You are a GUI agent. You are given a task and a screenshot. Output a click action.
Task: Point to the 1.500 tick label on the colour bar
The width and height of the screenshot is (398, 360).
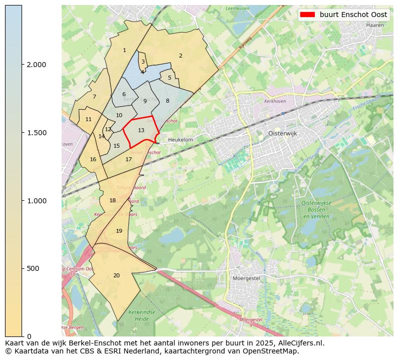36,133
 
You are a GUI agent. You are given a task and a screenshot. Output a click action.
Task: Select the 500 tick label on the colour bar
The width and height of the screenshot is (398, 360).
32,268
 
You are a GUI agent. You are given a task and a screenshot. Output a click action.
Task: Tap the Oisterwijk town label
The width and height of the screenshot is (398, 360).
283,134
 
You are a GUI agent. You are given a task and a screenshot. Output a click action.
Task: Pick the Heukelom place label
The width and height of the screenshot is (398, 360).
180,140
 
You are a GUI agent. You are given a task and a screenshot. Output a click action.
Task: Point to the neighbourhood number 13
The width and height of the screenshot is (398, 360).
141,131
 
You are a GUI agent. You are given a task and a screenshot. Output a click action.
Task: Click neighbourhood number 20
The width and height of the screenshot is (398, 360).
116,275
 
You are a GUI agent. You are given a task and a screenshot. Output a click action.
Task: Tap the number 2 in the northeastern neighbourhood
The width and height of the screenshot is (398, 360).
180,56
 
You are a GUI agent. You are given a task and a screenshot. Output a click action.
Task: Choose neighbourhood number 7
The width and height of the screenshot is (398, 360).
94,97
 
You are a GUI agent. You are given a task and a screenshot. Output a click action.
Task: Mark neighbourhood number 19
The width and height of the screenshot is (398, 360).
119,231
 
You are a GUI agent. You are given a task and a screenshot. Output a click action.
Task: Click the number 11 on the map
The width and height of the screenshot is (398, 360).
88,120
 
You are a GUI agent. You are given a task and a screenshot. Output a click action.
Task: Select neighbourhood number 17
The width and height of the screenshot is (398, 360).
129,160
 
